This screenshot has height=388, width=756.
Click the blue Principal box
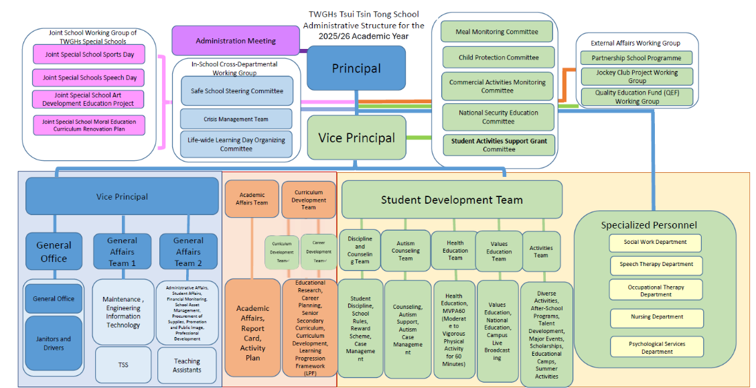pos(356,68)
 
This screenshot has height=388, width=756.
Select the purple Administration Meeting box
pos(236,41)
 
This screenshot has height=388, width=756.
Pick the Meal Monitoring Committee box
pos(497,31)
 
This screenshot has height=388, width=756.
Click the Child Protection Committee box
pos(498,57)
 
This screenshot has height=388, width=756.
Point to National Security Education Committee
pos(498,117)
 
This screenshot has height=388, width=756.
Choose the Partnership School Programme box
pos(636,58)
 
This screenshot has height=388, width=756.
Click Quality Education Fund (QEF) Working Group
pos(637,96)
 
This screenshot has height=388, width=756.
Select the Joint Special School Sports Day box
pos(89,54)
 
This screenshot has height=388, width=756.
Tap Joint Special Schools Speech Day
pos(89,77)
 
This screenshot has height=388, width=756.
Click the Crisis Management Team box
pos(236,119)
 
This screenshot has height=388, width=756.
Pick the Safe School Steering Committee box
pos(236,90)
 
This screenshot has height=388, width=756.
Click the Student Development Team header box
pos(452,199)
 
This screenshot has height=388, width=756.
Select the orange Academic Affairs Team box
pos(252,198)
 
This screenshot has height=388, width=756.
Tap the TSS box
pos(123,365)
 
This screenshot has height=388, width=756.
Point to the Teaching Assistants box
pos(187,365)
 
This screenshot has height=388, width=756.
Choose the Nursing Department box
pos(656,317)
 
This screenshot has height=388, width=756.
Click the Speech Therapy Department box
pos(656,264)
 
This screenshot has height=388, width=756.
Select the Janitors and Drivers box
pos(54,342)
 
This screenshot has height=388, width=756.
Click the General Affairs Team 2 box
pos(188,251)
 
